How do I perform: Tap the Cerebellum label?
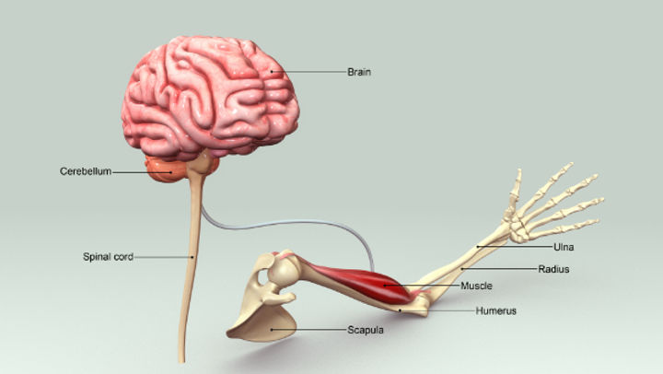(x=84, y=171)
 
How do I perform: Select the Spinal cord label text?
(x=108, y=257)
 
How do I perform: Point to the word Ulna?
(x=564, y=247)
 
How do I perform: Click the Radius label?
(x=553, y=269)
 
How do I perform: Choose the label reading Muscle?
(x=476, y=286)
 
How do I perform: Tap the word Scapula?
(x=365, y=329)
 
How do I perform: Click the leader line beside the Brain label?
(x=313, y=70)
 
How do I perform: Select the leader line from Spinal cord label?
(x=161, y=257)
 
